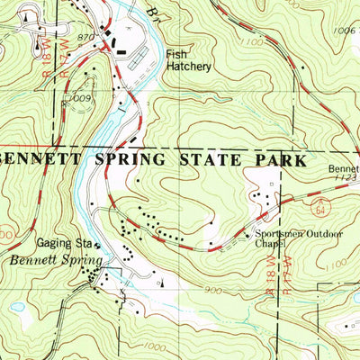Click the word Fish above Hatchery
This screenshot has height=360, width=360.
(x=175, y=55)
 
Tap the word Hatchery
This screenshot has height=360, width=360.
(x=188, y=67)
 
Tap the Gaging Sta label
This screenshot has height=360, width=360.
(x=64, y=243)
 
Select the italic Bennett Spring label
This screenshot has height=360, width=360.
(x=45, y=258)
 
